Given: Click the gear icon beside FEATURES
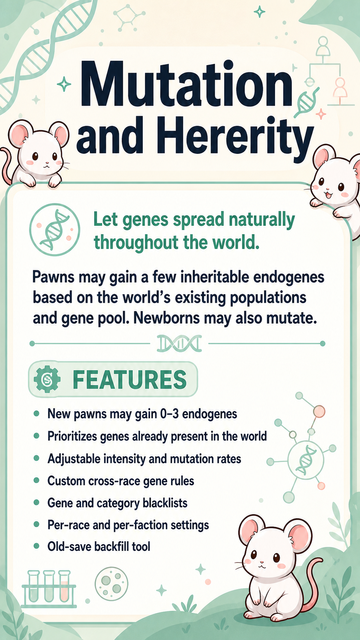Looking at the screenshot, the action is (x=47, y=379).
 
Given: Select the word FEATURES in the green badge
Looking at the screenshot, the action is (x=130, y=379).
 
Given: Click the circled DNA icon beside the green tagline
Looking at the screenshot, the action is (x=55, y=229).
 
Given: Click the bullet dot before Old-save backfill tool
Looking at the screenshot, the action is (x=36, y=546).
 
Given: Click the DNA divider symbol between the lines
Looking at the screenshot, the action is (x=179, y=343).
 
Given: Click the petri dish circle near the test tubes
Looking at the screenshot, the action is (x=112, y=584).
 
